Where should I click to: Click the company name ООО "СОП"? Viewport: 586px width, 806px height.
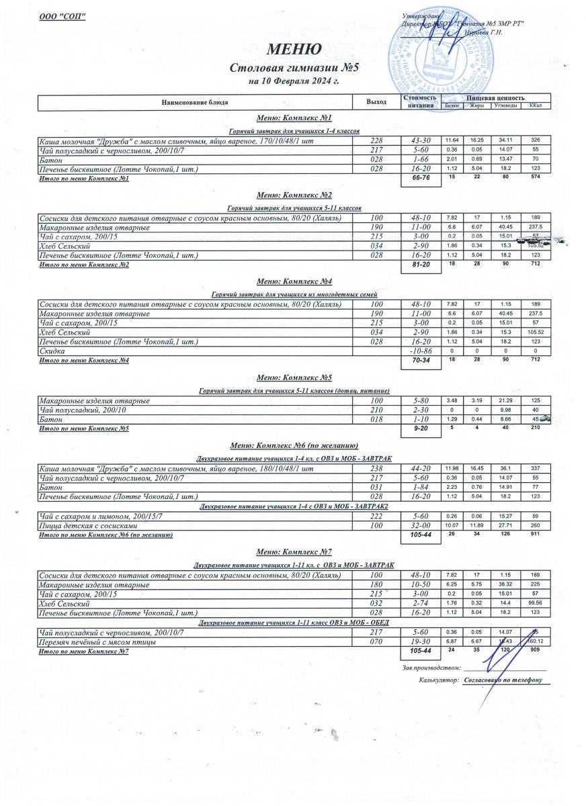pos(63,16)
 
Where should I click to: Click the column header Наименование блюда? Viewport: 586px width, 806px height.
pos(195,102)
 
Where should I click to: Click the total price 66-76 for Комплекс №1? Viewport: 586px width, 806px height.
pos(420,179)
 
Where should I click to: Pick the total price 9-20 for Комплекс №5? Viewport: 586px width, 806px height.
pos(420,429)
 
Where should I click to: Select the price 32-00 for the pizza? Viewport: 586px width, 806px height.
pos(420,526)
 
